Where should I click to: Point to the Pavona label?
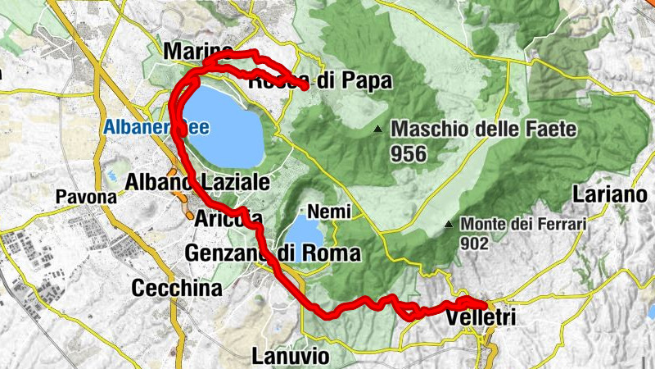[86, 198]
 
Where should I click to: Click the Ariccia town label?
[228, 219]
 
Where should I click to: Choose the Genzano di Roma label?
[273, 253]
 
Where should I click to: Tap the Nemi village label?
[330, 212]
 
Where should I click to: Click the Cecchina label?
[176, 288]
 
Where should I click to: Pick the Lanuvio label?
[291, 356]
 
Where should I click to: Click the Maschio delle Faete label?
[485, 129]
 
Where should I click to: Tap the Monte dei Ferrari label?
[523, 223]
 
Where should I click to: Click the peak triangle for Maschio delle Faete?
[377, 130]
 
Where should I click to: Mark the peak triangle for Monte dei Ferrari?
[449, 224]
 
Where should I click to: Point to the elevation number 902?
[474, 244]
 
